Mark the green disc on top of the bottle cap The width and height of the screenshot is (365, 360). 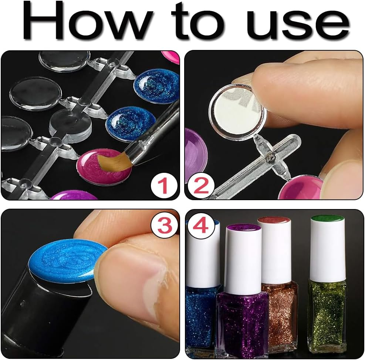coord(328,219)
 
